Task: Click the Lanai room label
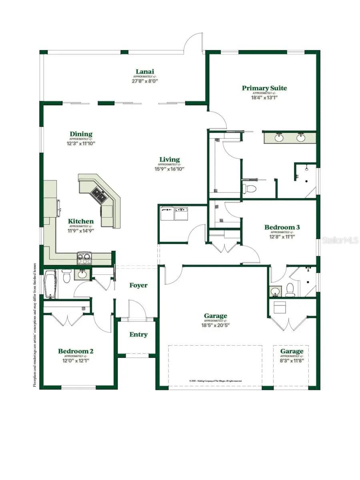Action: [x=144, y=72]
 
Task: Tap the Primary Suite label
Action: [x=264, y=88]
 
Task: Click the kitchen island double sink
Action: [x=98, y=195]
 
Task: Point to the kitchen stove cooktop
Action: [x=84, y=258]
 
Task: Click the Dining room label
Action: [x=81, y=134]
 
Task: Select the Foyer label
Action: [x=138, y=285]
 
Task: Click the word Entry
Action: [x=138, y=334]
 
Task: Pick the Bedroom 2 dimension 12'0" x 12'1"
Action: [x=76, y=360]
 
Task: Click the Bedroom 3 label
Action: [x=282, y=227]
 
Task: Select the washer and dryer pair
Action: [x=174, y=214]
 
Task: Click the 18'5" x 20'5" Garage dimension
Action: [x=216, y=325]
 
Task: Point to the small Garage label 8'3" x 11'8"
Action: [x=292, y=360]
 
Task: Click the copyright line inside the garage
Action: [x=215, y=381]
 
